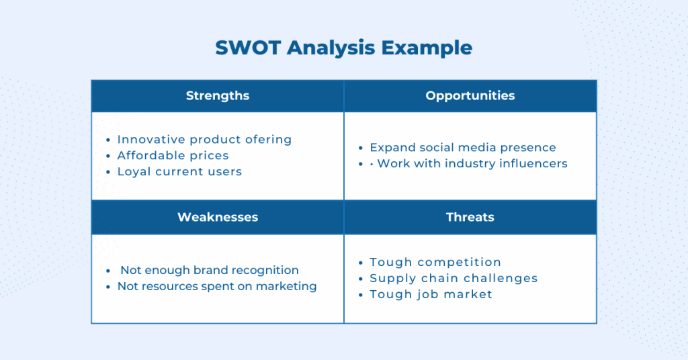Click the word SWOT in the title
[248, 48]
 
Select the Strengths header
[218, 96]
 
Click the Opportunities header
[470, 96]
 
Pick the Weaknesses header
[218, 217]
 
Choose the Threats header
[470, 217]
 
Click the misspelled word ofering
[268, 140]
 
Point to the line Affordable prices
[173, 155]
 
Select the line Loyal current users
[179, 171]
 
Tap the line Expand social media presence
[463, 148]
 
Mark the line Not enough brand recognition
[210, 270]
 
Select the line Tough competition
[435, 262]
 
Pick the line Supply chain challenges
[454, 279]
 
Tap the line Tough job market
[431, 294]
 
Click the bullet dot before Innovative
[108, 140]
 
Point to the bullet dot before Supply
[361, 279]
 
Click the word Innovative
[151, 140]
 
